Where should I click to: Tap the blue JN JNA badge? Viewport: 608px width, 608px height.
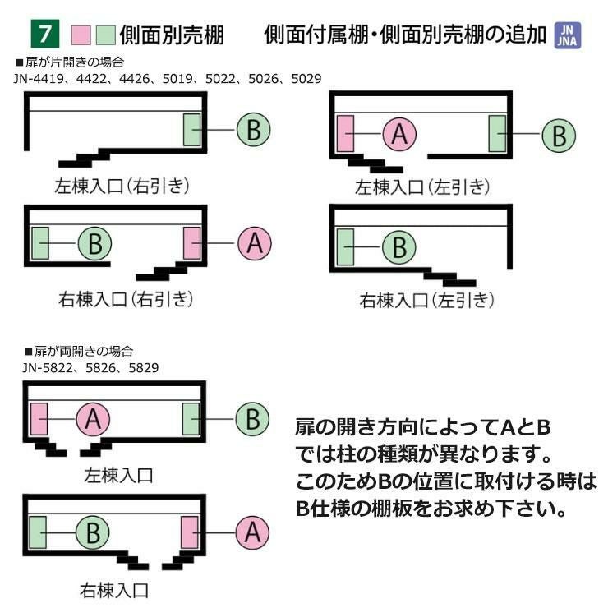(x=568, y=35)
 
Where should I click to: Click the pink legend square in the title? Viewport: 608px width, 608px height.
(x=81, y=35)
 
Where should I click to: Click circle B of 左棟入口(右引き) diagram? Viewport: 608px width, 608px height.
(x=254, y=130)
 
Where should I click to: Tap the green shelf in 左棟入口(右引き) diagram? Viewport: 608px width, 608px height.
(x=192, y=130)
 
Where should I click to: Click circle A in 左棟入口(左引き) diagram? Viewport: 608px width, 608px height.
(x=399, y=134)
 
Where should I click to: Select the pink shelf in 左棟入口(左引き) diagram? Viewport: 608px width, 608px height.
(x=345, y=134)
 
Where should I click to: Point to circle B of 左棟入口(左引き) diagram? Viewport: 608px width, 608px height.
(x=559, y=134)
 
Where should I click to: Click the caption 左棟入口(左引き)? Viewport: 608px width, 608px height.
(x=422, y=187)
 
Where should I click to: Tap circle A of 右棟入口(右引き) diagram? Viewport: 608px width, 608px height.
(x=255, y=243)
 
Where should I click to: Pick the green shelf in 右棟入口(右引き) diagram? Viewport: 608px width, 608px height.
(x=40, y=243)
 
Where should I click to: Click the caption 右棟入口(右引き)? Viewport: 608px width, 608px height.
(x=126, y=298)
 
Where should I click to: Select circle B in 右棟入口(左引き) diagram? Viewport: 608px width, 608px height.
(x=399, y=246)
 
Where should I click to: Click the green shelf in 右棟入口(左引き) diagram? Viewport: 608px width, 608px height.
(x=345, y=246)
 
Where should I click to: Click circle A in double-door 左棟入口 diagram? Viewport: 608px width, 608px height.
(x=93, y=419)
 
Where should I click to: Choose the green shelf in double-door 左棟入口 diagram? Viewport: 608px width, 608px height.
(x=191, y=419)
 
